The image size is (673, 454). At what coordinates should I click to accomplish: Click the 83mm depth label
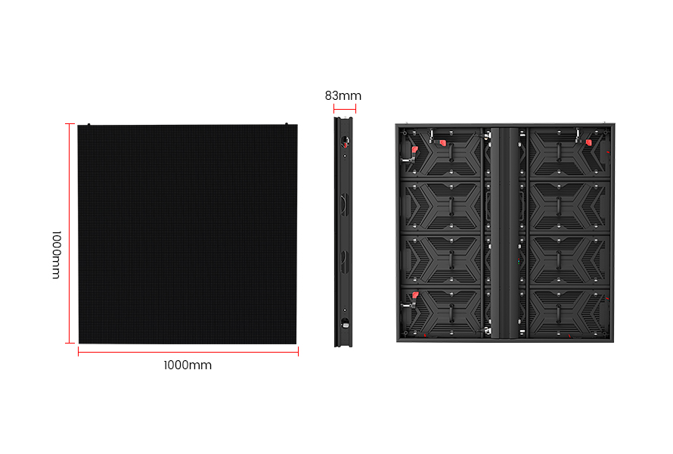[x=343, y=95]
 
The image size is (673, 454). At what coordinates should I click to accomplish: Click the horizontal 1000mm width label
[x=188, y=365]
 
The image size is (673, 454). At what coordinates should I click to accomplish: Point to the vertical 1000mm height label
[x=56, y=255]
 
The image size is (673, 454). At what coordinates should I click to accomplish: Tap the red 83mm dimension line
[x=345, y=109]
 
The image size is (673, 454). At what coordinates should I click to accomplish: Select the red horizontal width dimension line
[x=188, y=352]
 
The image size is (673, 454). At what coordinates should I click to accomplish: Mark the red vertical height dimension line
[x=69, y=233]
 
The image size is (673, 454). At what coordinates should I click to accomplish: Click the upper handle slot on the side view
[x=344, y=204]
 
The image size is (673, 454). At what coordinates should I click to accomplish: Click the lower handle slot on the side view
[x=344, y=262]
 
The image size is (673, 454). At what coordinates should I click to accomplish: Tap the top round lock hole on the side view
[x=345, y=141]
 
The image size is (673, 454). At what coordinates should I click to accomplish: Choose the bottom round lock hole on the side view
[x=345, y=324]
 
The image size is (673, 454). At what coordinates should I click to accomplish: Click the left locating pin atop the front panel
[x=88, y=125]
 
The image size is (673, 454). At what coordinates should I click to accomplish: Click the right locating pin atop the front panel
[x=287, y=124]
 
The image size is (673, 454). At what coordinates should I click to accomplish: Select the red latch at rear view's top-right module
[x=588, y=142]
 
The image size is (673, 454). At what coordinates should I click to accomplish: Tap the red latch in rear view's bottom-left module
[x=415, y=295]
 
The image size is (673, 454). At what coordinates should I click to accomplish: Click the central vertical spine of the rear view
[x=505, y=232]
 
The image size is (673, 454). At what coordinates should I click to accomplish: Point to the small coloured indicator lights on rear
[x=519, y=261]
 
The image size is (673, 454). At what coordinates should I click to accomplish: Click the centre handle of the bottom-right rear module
[x=559, y=313]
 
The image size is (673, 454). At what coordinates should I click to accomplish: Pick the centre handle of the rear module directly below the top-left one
[x=451, y=206]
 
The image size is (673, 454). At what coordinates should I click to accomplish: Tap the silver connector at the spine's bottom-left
[x=488, y=331]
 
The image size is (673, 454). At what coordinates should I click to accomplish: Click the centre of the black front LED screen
[x=188, y=234]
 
